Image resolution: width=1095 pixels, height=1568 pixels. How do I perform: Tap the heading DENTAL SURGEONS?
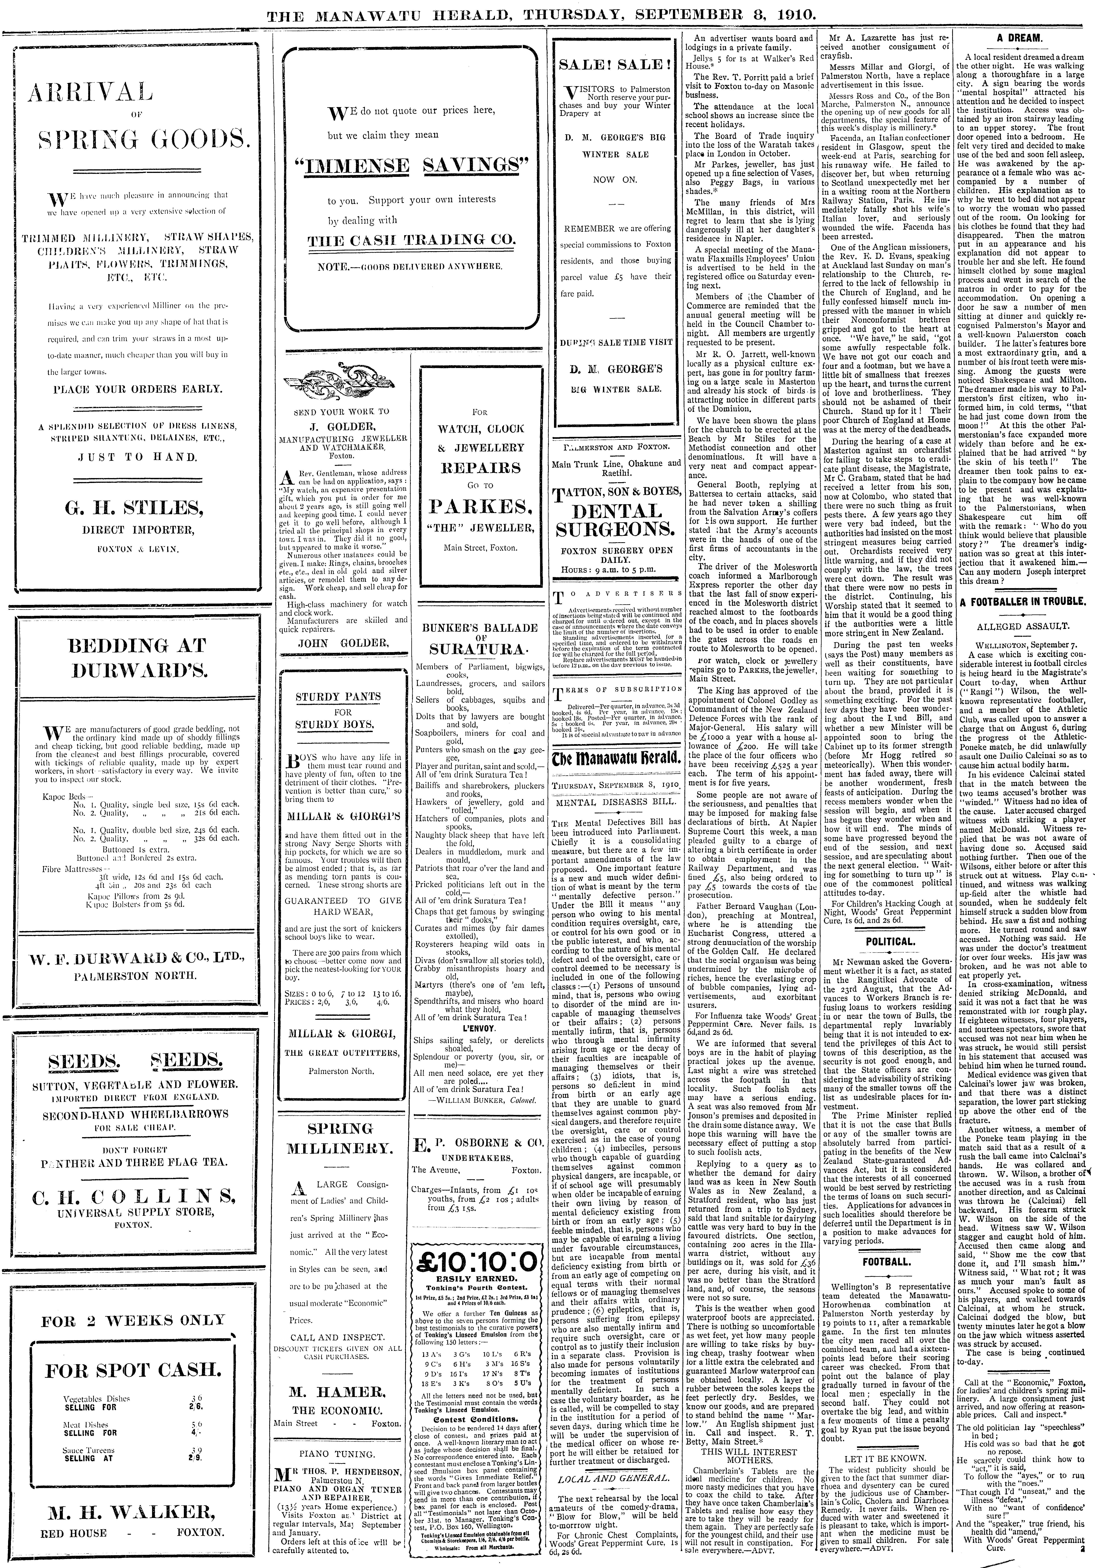click(617, 520)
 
